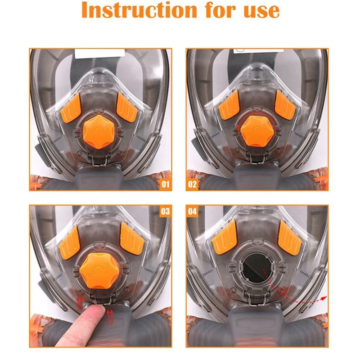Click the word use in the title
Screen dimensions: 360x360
(260, 11)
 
